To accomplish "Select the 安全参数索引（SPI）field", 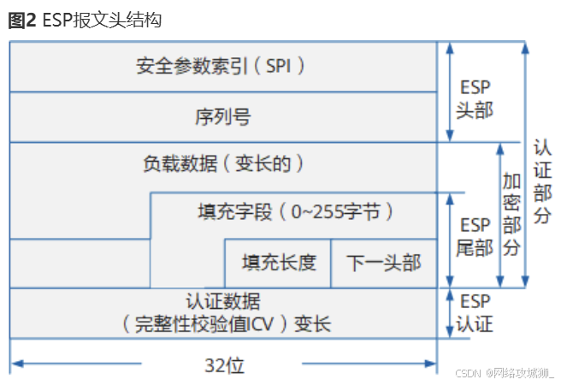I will pos(221,65).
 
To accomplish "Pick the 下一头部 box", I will pos(384,262).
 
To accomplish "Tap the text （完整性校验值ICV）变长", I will pos(225,324).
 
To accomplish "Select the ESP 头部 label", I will pos(475,99).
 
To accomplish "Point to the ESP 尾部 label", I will pos(475,237).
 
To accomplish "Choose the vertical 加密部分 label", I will pos(511,215).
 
